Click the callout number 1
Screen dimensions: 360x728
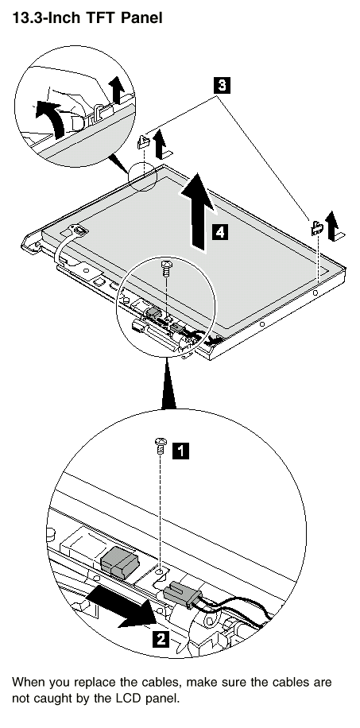pyautogui.click(x=180, y=451)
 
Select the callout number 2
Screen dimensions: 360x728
pyautogui.click(x=161, y=639)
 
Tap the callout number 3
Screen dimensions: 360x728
pyautogui.click(x=222, y=85)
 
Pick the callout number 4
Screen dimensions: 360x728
pyautogui.click(x=219, y=231)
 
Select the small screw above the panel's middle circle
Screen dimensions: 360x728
pyautogui.click(x=166, y=268)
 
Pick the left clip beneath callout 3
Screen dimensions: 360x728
pyautogui.click(x=142, y=141)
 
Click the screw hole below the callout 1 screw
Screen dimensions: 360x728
pyautogui.click(x=160, y=571)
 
